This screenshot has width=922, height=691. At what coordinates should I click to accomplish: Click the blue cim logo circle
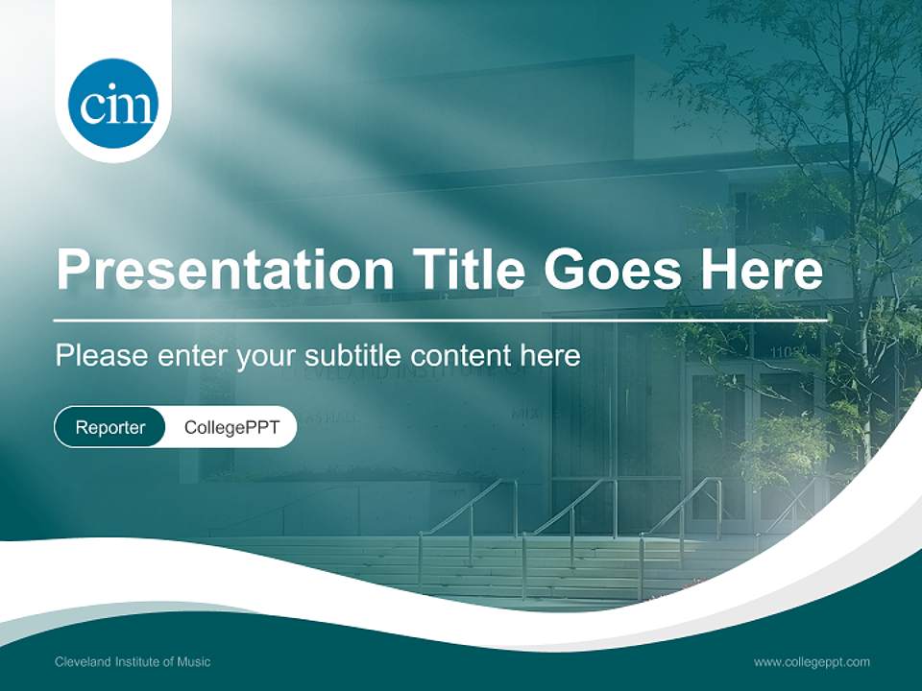(113, 104)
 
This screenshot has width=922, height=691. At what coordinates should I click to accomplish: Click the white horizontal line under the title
(442, 320)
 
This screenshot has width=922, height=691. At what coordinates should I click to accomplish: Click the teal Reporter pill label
(110, 428)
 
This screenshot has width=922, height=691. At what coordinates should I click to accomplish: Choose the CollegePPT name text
(231, 428)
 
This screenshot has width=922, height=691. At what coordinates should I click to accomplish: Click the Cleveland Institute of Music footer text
(133, 661)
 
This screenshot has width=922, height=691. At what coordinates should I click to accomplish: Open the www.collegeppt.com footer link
(812, 661)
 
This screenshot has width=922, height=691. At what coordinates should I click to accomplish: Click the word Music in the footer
(194, 661)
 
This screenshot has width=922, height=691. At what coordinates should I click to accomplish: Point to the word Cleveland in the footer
(82, 661)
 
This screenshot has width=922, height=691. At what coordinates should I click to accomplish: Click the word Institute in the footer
(137, 661)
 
